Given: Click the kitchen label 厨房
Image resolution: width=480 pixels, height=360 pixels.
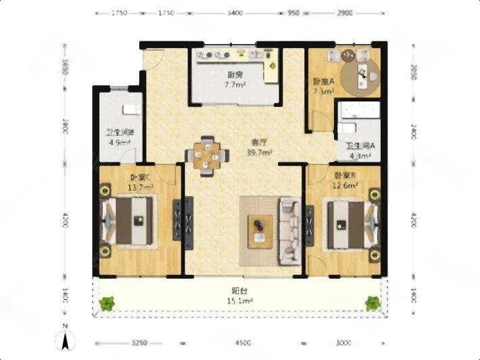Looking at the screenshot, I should click(235, 75).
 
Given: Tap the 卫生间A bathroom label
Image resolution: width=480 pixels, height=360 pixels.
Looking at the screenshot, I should click(358, 145).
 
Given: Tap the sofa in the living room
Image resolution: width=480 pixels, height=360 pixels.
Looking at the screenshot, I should click(289, 230).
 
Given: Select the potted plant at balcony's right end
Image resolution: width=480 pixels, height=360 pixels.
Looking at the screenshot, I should click(373, 303).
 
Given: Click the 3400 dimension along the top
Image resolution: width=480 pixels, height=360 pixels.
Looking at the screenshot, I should click(237, 13).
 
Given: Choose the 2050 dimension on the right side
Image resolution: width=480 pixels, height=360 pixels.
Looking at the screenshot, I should click(413, 71).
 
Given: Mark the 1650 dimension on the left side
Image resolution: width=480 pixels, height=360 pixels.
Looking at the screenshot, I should click(65, 68).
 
